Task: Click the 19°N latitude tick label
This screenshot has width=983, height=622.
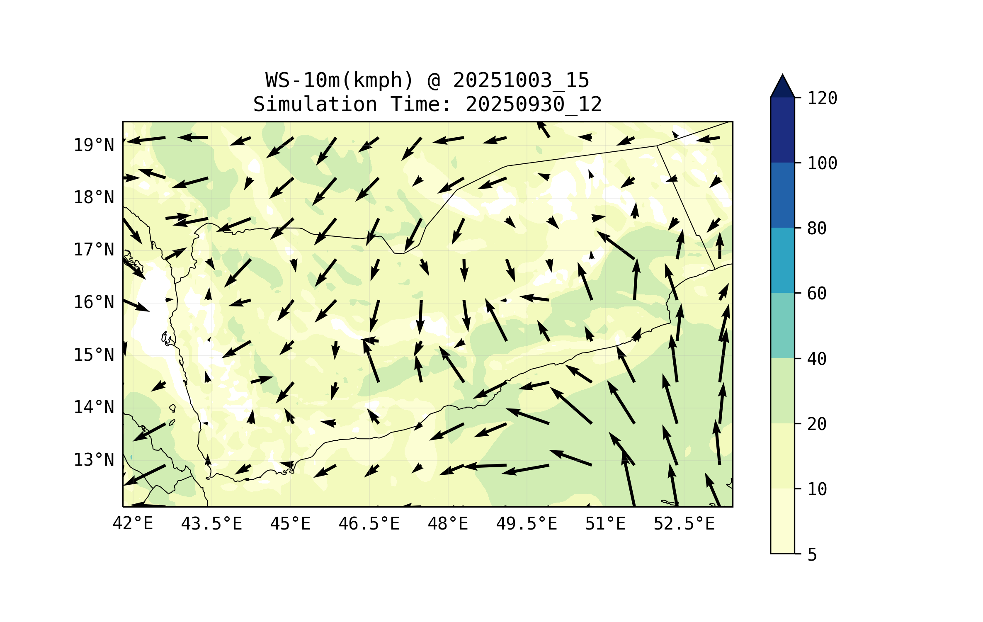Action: pos(94,145)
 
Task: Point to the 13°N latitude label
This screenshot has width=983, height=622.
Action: pos(94,460)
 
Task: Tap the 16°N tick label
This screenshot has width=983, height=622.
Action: pos(94,302)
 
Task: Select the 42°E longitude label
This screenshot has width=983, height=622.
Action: pos(133,524)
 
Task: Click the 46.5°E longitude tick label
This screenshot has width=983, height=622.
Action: pos(369,524)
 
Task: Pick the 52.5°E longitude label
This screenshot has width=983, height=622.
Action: pos(684,524)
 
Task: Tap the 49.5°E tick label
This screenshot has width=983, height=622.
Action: pos(527,524)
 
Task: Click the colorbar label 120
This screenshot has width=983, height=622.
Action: pos(822,98)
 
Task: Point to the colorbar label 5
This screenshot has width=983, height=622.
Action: pos(812,555)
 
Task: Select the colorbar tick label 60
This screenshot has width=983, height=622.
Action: pos(817,294)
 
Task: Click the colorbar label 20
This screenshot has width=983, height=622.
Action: pos(817,424)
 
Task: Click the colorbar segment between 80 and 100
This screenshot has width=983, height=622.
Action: pos(782,195)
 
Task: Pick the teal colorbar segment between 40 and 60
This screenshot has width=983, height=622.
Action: pos(782,326)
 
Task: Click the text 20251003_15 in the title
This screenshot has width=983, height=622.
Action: pos(521,80)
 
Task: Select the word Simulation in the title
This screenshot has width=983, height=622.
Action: pos(315,104)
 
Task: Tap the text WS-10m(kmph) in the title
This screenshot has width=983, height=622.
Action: pos(340,80)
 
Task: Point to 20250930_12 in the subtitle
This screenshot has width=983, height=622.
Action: pos(534,104)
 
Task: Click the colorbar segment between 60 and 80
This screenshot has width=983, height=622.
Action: pos(782,260)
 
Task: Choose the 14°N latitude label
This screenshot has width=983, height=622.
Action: pos(94,407)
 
